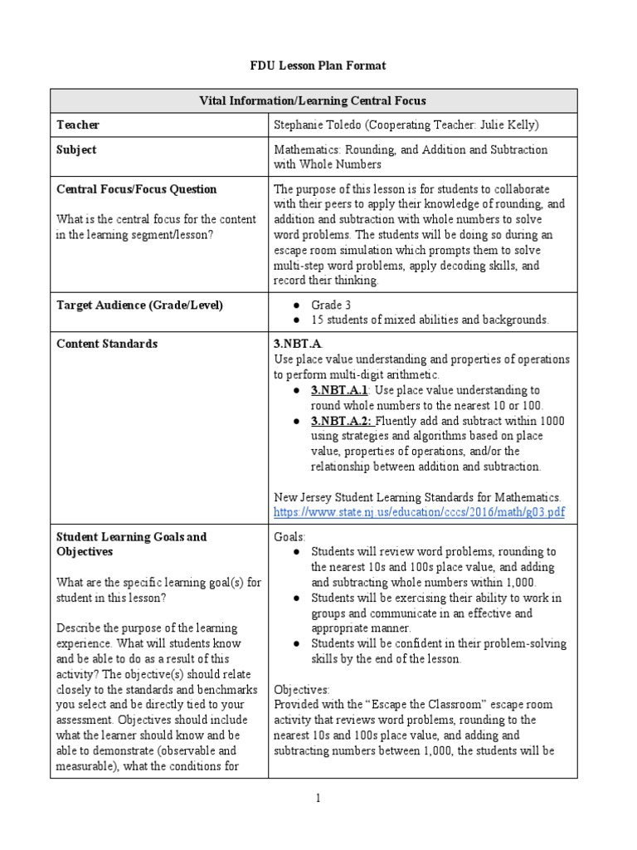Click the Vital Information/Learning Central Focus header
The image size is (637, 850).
(x=313, y=100)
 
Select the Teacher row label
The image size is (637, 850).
(x=78, y=125)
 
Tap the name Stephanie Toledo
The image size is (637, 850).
(x=318, y=125)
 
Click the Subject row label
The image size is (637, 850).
(x=76, y=149)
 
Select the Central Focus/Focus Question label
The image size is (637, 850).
(x=136, y=188)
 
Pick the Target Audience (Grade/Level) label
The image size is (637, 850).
(x=140, y=305)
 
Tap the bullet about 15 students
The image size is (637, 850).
(x=429, y=320)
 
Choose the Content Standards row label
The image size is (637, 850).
(x=106, y=344)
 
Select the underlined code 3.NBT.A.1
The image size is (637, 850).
(x=339, y=389)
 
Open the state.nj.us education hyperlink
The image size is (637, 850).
(x=419, y=512)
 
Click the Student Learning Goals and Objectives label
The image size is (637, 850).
(x=131, y=544)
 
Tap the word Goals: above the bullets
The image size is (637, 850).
(x=289, y=536)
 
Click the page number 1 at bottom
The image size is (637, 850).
(x=317, y=799)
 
